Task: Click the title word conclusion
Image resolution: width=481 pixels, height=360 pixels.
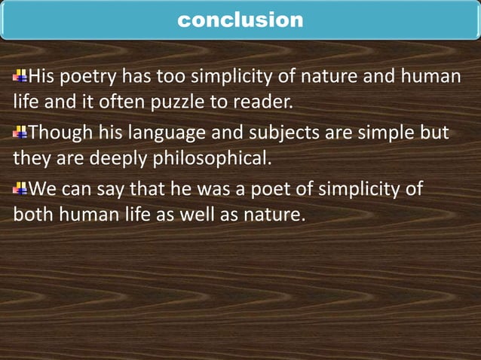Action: (x=240, y=20)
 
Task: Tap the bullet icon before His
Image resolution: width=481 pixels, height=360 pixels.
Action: (x=20, y=77)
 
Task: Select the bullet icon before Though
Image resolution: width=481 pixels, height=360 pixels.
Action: (x=20, y=134)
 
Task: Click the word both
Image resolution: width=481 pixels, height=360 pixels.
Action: (x=31, y=216)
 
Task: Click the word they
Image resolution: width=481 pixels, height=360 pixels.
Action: (x=29, y=160)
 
